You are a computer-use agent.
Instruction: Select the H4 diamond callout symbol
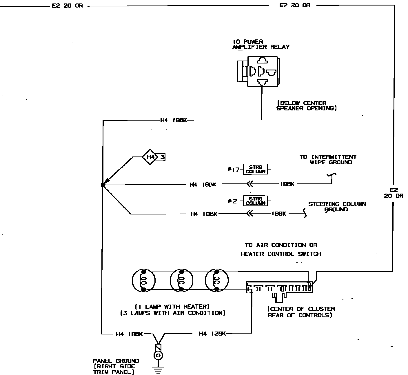pyautogui.click(x=150, y=157)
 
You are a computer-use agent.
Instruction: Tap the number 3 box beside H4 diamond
pyautogui.click(x=163, y=157)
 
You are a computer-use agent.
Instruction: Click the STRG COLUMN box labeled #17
pyautogui.click(x=255, y=169)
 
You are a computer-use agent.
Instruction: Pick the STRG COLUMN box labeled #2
pyautogui.click(x=255, y=201)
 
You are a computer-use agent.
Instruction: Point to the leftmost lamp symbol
pyautogui.click(x=143, y=281)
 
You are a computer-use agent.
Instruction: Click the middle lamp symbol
pyautogui.click(x=181, y=281)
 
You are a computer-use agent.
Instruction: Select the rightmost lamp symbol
pyautogui.click(x=216, y=281)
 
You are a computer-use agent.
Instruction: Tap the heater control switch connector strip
pyautogui.click(x=279, y=288)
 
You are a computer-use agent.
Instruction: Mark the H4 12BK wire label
pyautogui.click(x=212, y=334)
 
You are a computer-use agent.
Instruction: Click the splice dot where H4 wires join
pyautogui.click(x=102, y=185)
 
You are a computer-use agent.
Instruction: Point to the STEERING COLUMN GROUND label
pyautogui.click(x=337, y=206)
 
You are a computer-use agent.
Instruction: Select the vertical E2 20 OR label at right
pyautogui.click(x=393, y=193)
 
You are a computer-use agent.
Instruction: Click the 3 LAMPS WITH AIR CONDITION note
pyautogui.click(x=173, y=313)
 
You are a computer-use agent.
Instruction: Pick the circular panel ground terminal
pyautogui.click(x=158, y=355)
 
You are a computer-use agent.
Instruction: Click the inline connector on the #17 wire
pyautogui.click(x=249, y=184)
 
